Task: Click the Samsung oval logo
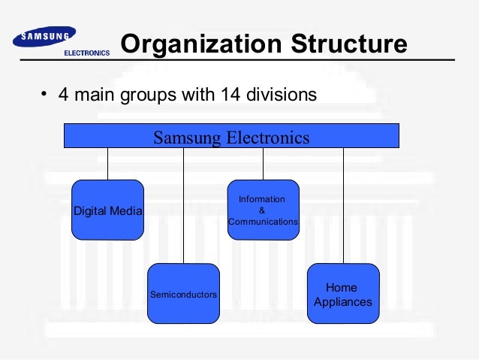(x=45, y=37)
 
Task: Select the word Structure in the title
(x=347, y=45)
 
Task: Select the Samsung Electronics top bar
(x=231, y=136)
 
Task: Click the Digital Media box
(x=107, y=210)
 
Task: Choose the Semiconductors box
(x=183, y=294)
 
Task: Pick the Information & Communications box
(x=263, y=210)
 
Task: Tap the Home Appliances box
(x=343, y=294)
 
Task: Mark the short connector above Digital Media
(x=107, y=164)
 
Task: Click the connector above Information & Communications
(x=263, y=164)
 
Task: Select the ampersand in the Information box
(x=261, y=210)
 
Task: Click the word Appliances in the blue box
(x=342, y=302)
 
